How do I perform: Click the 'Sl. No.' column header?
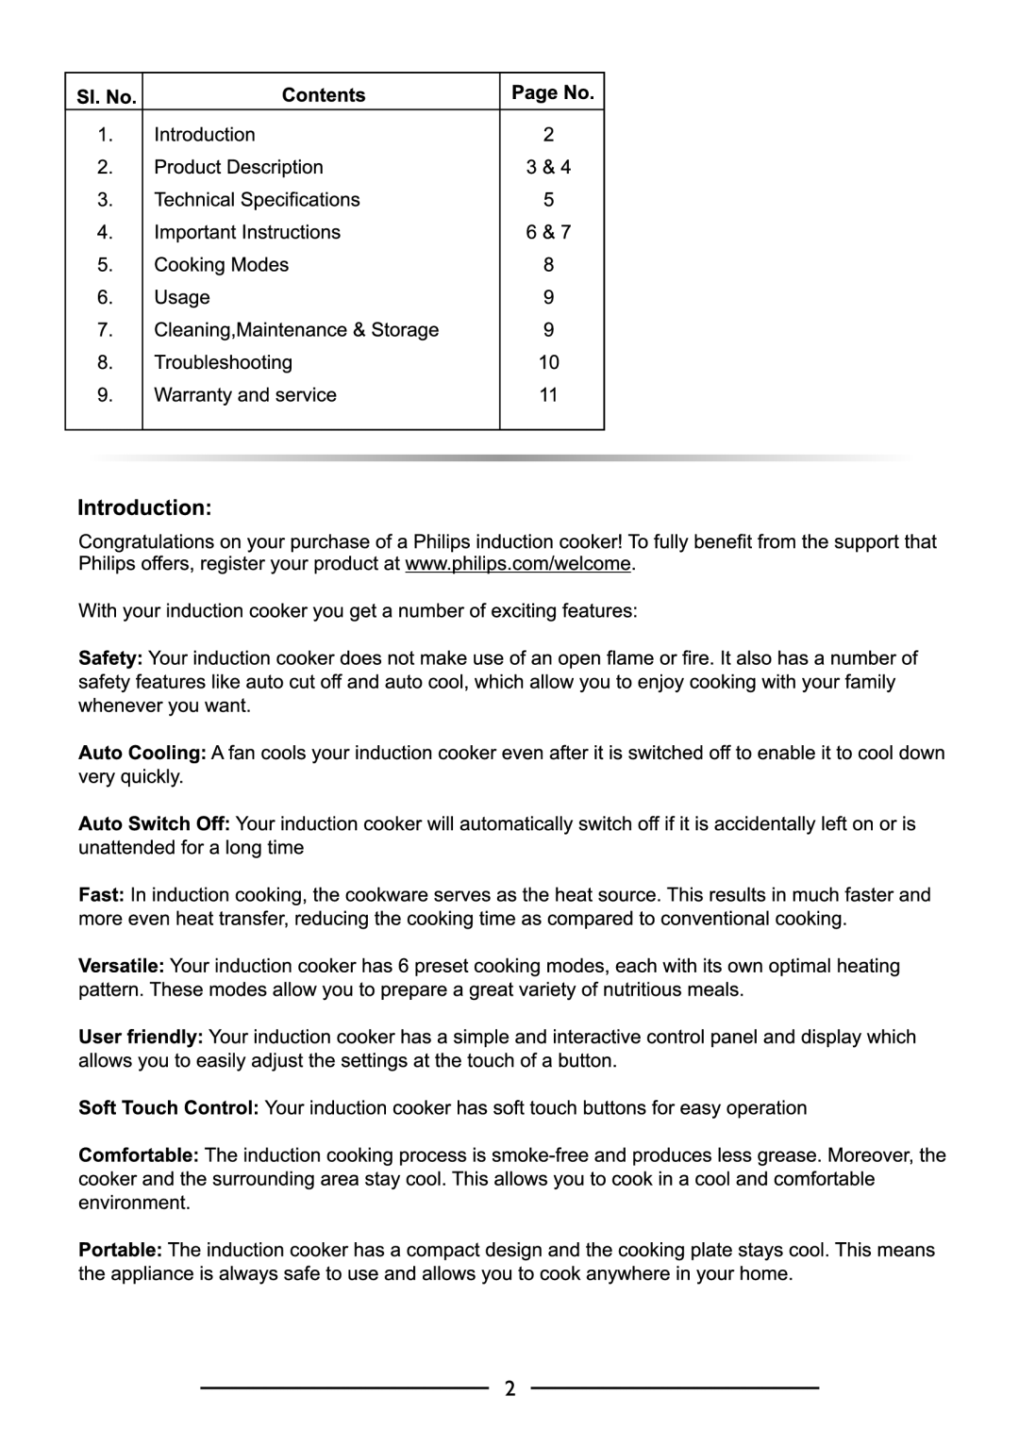tap(103, 96)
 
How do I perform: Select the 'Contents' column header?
tap(323, 94)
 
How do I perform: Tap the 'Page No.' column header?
tap(552, 92)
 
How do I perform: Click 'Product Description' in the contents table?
tap(238, 167)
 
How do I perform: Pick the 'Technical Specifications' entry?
tap(257, 199)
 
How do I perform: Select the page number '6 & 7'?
tap(548, 232)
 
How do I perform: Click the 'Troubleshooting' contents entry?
tap(223, 362)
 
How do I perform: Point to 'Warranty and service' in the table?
tap(244, 395)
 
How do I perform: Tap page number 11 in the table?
tap(548, 395)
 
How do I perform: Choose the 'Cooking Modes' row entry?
tap(221, 265)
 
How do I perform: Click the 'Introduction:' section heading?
tap(143, 507)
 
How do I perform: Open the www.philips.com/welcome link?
tap(518, 564)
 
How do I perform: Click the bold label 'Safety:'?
tap(110, 658)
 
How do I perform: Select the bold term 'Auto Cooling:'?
tap(142, 753)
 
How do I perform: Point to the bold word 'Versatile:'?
tap(121, 966)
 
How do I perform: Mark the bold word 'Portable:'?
tap(120, 1250)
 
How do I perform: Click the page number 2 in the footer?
tap(509, 1388)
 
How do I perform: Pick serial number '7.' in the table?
tap(105, 330)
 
